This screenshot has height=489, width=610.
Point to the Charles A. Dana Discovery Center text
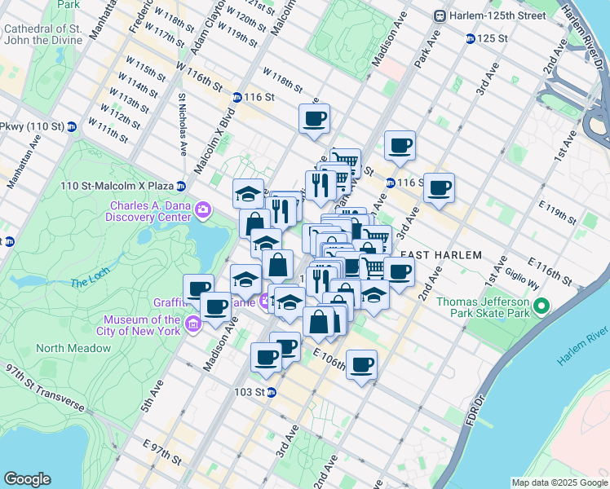[149, 211]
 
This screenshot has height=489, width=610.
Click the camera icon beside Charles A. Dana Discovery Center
[203, 212]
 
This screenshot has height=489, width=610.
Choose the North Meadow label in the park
[73, 348]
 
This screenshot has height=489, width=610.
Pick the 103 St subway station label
[251, 392]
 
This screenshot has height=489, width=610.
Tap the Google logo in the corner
[27, 479]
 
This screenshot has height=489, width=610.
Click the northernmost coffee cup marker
[314, 119]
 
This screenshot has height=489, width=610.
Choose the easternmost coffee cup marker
[439, 187]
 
